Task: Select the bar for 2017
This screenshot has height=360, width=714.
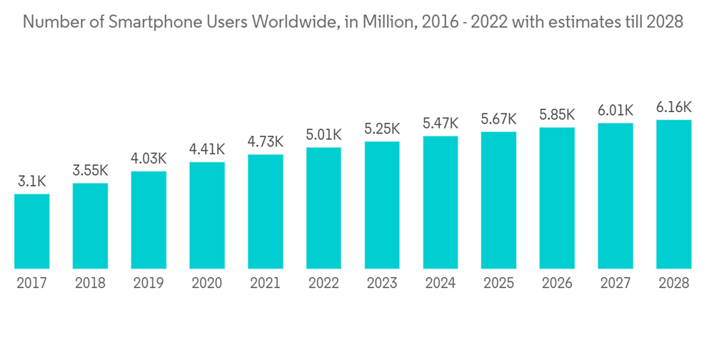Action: tap(32, 231)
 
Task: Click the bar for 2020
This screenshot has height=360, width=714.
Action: tap(207, 215)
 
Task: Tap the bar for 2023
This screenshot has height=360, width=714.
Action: tap(382, 205)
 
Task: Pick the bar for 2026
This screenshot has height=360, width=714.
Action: tap(557, 198)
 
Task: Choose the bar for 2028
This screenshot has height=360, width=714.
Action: tap(673, 194)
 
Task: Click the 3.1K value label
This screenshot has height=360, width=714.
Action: tap(32, 182)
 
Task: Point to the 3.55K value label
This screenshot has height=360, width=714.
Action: tap(90, 171)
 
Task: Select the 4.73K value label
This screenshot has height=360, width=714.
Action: tap(266, 143)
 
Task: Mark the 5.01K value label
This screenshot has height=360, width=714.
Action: tap(323, 136)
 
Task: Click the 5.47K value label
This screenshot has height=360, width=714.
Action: tap(441, 124)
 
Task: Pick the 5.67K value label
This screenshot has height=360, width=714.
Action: tap(498, 119)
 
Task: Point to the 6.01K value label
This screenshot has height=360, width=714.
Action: tap(615, 111)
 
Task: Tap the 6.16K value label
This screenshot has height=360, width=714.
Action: tap(673, 108)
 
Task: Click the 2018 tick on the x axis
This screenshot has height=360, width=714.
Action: tap(90, 284)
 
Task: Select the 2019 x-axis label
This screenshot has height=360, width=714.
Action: tap(149, 284)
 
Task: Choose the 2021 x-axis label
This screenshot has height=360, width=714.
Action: tap(266, 284)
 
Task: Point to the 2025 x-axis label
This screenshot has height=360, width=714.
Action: tap(498, 284)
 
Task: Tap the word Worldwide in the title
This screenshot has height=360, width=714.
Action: tap(302, 22)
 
